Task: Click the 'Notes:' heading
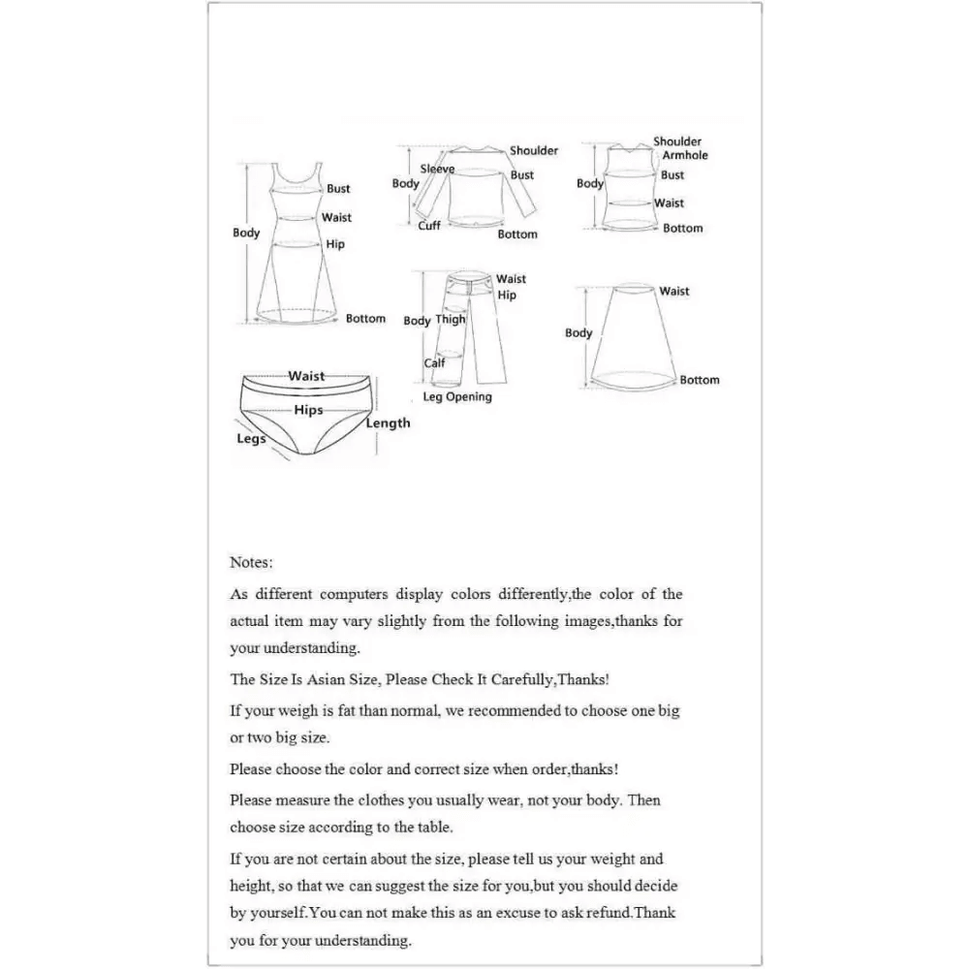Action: click(251, 562)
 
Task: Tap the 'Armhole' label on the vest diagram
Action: click(685, 155)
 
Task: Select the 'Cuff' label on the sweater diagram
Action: click(429, 226)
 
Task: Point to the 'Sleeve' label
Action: click(437, 170)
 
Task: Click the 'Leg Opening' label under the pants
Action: click(457, 397)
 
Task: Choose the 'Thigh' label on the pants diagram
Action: click(451, 320)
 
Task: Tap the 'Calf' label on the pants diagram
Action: click(435, 364)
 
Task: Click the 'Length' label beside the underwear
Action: click(388, 423)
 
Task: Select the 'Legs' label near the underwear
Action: click(251, 439)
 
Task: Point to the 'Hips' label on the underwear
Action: click(308, 411)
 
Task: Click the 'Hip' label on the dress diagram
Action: click(335, 245)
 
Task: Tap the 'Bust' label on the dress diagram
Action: click(338, 189)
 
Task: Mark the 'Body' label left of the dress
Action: click(246, 234)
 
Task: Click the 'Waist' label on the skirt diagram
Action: click(674, 292)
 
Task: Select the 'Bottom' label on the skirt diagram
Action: click(700, 381)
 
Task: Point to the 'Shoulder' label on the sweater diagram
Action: click(534, 151)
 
